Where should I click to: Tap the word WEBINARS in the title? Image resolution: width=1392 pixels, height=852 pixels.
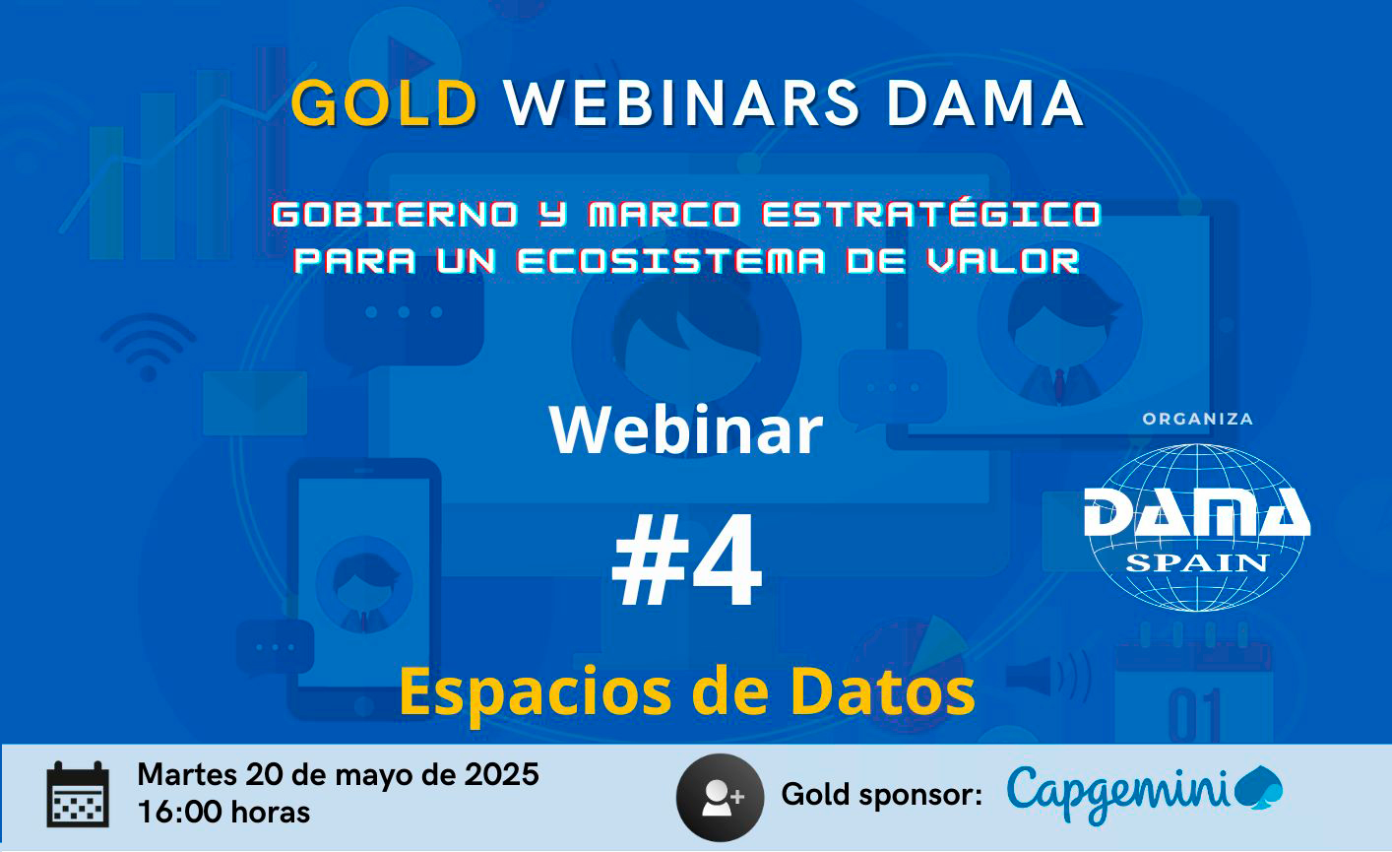coord(681,103)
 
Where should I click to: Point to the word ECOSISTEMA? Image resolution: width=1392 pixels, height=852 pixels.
coord(671,260)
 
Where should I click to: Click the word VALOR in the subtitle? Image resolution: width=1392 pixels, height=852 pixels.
coord(1002,260)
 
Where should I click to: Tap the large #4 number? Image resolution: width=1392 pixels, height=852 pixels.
coord(687,559)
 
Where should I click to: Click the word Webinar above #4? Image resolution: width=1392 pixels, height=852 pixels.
coord(686,430)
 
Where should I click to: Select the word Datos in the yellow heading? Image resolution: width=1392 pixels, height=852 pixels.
coord(882,691)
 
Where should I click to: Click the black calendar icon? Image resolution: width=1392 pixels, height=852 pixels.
coord(78,795)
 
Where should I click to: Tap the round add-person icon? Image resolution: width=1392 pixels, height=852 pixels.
coord(720,797)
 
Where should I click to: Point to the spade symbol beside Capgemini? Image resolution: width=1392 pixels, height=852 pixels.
coord(1258,788)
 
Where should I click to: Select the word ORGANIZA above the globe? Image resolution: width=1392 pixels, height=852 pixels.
coord(1197,420)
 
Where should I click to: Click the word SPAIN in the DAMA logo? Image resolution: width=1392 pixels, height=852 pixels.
coord(1197,562)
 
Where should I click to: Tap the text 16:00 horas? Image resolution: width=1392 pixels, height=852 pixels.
coord(223,813)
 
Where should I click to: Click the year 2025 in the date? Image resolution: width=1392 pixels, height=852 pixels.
coord(502,775)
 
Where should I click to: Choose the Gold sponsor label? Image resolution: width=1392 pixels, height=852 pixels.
coord(881,796)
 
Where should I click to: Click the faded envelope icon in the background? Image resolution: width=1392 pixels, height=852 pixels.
coord(255,404)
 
